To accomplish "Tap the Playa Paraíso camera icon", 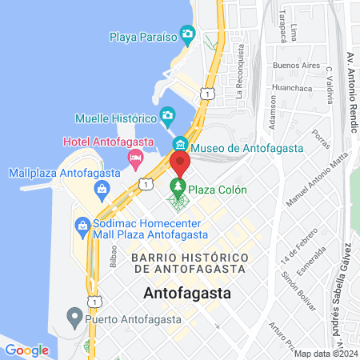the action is (x=188, y=34).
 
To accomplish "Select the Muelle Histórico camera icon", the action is (x=167, y=117).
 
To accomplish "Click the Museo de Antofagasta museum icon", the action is (x=179, y=145).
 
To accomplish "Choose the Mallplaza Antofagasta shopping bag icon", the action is (x=102, y=189).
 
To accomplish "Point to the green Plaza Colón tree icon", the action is (x=179, y=190).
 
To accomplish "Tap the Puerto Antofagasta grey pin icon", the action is (x=74, y=317).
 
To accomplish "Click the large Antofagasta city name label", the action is (x=188, y=293).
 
